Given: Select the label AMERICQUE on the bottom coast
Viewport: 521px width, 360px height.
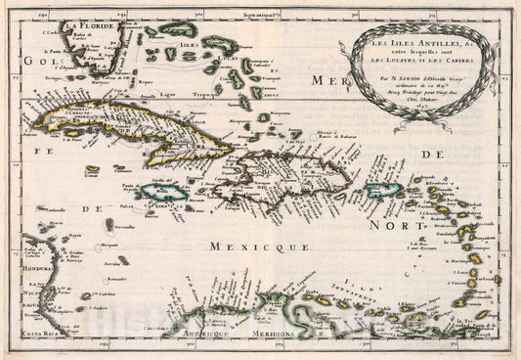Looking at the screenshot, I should [216, 333].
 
